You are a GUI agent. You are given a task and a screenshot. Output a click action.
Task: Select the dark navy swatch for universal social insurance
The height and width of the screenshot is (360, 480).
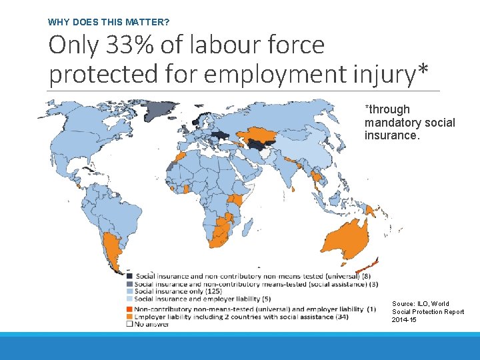(129, 276)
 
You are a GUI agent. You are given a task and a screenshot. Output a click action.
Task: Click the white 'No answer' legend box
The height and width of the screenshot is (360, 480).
(129, 325)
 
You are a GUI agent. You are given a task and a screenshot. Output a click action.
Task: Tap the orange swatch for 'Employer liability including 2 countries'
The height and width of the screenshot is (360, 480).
(129, 317)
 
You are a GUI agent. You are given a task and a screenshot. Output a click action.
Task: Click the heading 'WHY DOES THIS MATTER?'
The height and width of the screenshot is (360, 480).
(109, 22)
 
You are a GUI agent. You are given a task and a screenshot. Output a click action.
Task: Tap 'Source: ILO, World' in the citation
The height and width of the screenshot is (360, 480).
(420, 304)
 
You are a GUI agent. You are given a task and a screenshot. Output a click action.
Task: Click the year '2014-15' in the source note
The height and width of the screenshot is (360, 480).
(404, 320)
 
